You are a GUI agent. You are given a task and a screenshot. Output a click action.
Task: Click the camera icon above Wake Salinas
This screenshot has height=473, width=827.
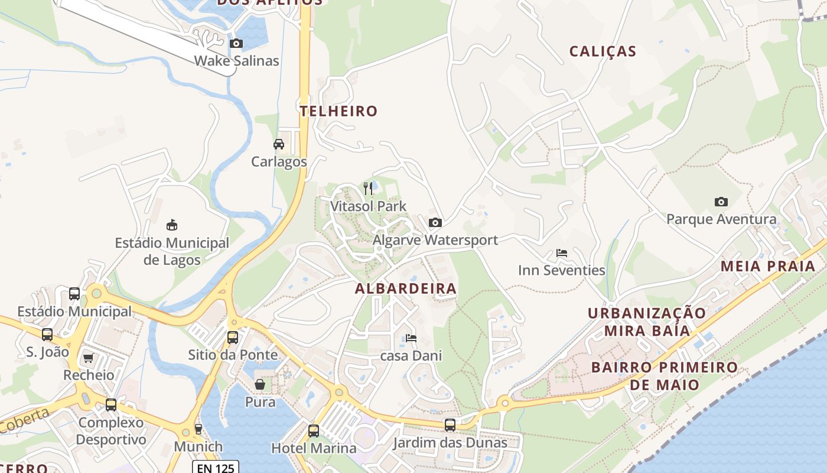236,43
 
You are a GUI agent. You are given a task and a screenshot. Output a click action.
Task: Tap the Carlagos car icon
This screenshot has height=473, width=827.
279,144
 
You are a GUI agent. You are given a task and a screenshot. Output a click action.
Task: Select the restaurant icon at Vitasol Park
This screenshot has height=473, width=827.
368,189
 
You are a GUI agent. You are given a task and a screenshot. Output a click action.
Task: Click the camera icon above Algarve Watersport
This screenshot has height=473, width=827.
435,222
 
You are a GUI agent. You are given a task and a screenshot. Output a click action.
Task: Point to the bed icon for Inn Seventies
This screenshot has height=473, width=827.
562,253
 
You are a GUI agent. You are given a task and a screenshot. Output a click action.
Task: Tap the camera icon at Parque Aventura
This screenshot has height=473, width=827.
721,202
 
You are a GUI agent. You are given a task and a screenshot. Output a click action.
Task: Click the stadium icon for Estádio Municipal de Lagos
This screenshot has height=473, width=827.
172,225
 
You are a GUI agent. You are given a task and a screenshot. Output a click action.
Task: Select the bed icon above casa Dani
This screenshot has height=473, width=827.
411,338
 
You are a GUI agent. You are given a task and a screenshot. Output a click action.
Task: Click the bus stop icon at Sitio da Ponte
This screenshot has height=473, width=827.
233,337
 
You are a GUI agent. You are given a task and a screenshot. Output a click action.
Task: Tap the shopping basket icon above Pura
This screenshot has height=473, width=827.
260,384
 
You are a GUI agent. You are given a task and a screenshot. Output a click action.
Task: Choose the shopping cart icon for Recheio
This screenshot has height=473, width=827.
89,357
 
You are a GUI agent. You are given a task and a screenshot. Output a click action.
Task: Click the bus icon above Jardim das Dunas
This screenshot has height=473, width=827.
450,425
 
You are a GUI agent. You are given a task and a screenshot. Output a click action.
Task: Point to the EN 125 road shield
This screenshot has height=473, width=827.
216,468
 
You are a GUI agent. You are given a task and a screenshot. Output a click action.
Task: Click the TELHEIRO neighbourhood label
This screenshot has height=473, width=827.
338,111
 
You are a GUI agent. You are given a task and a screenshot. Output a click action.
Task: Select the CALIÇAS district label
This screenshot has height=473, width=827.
603,51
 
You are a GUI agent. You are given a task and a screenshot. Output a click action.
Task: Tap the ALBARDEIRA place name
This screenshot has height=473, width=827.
405,289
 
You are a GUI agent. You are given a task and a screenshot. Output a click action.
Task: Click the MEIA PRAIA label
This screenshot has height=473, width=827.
768,266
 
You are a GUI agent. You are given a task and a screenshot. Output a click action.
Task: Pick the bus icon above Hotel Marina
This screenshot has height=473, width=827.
314,430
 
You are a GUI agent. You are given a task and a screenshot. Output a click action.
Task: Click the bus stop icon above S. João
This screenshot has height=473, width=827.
47,334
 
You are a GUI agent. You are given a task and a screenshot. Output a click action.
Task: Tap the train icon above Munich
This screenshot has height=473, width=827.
198,429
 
